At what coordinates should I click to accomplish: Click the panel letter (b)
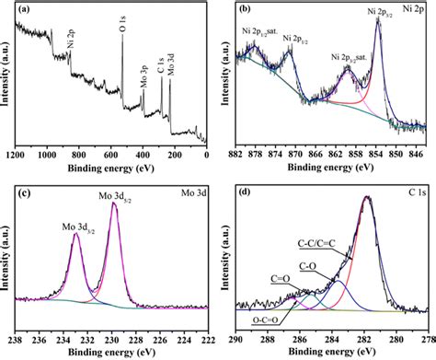[x=246, y=11]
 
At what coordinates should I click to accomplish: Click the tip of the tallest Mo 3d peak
[x=113, y=203]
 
